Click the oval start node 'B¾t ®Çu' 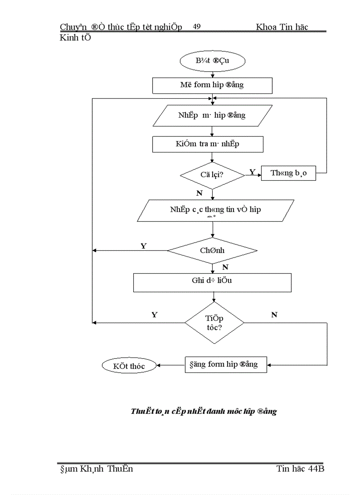212,61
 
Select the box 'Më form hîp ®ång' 212,86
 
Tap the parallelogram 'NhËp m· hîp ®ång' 212,115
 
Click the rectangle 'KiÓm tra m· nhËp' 207,144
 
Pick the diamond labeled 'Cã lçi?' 212,175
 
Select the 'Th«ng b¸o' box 289,174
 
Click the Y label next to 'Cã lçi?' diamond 252,172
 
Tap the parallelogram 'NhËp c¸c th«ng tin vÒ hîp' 215,210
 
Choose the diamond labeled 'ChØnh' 212,250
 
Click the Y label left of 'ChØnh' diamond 143,246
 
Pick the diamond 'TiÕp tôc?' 214,323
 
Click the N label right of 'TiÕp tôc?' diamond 274,315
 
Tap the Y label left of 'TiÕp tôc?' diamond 154,315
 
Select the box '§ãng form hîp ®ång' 225,365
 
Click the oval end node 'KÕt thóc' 129,365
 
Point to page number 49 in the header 197,27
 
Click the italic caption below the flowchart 203,411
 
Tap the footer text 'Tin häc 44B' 300,469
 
